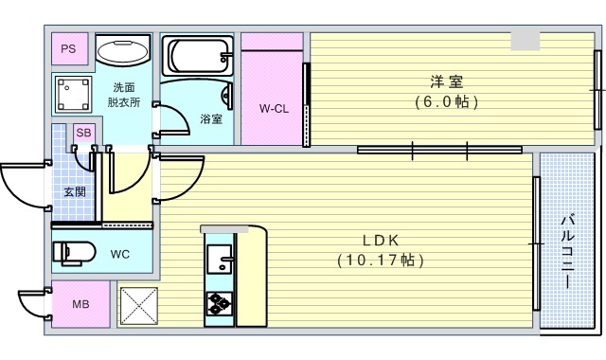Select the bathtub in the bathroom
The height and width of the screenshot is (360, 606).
pos(197,56)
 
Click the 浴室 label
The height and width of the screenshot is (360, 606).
pos(211,119)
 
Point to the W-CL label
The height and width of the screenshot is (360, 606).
pos(274,109)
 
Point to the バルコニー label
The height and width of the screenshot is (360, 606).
pos(566,251)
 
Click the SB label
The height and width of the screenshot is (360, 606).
pos(83,133)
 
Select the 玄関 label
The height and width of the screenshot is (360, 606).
pos(74,191)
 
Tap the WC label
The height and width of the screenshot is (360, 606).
pos(120,254)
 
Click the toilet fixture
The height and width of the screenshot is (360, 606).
pos(74,253)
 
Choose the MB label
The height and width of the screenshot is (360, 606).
pos(80,305)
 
